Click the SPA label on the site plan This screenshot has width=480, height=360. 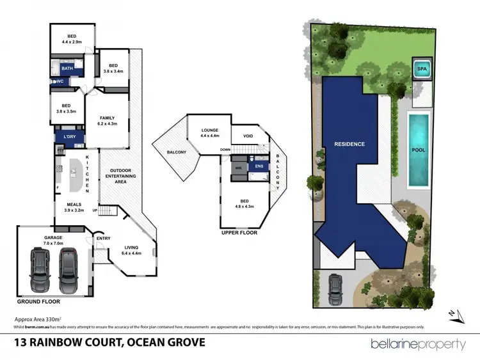(x=422, y=68)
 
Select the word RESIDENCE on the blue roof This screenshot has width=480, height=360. (x=349, y=144)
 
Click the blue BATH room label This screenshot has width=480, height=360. (x=67, y=67)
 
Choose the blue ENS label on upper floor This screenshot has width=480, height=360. (x=259, y=166)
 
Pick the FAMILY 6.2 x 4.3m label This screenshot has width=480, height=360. (x=106, y=120)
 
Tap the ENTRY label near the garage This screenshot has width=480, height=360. (x=104, y=239)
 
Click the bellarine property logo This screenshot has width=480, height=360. (x=418, y=343)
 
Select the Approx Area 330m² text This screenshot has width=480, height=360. (x=37, y=318)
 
